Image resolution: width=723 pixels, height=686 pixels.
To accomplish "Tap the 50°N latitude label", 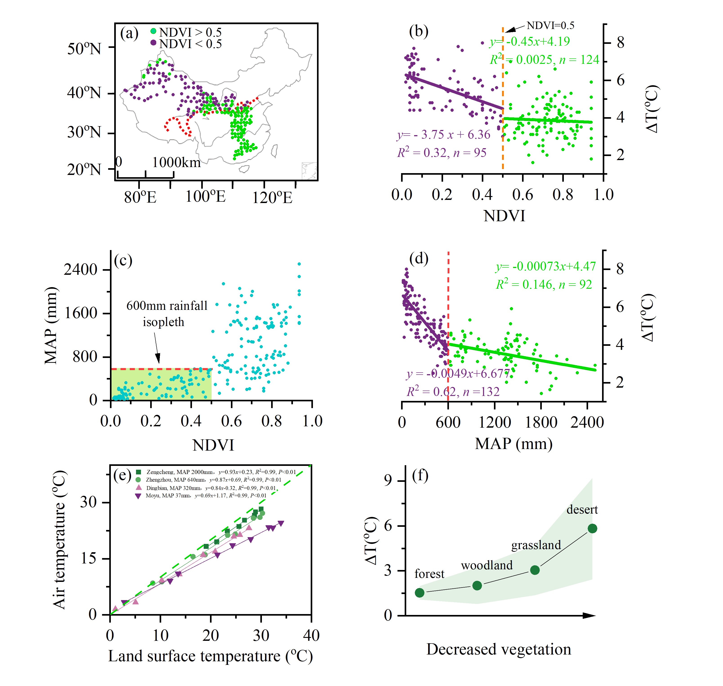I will click(84, 49).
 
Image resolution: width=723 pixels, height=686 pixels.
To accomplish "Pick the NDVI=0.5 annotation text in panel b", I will click(550, 26).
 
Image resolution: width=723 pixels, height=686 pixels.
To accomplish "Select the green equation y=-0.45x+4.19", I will click(529, 41).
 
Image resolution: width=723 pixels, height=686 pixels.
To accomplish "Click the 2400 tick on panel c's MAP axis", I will click(80, 270).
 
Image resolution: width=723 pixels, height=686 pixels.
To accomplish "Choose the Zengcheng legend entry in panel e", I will click(216, 472).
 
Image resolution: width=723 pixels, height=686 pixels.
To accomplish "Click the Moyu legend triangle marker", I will click(138, 496).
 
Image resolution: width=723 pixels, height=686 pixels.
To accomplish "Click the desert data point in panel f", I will click(592, 528).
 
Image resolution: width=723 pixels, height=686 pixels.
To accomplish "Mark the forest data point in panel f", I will click(420, 592).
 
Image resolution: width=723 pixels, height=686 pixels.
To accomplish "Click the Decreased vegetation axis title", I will click(498, 649).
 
